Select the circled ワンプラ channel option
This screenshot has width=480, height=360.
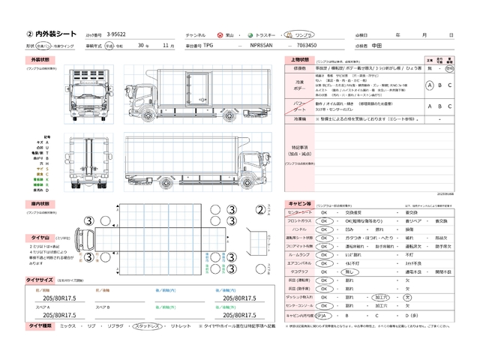pos(304,35)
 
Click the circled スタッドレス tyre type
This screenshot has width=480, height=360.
pos(148,327)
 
